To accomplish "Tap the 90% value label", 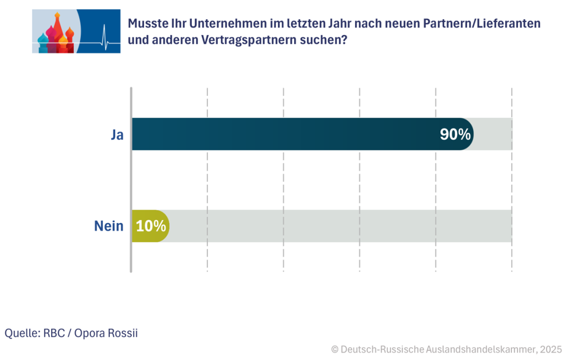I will (x=455, y=135).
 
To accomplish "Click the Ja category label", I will (x=117, y=135).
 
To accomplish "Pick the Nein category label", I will (x=108, y=226).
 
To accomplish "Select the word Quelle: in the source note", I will (x=21, y=333).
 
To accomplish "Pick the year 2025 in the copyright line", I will (x=550, y=349).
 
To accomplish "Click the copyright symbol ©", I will (x=334, y=349).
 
